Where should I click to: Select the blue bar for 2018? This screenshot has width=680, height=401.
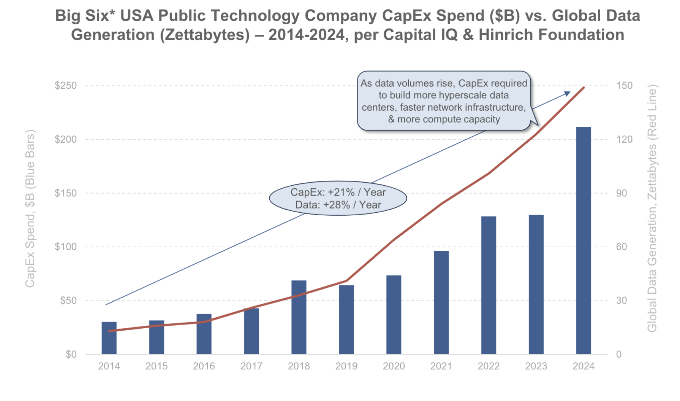coord(299,317)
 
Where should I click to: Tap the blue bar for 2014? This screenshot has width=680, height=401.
coord(109,338)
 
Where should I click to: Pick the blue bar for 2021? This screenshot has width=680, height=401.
coord(441,302)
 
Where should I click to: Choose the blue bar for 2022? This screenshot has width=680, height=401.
coord(489,285)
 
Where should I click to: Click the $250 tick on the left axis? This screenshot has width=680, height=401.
coord(66,86)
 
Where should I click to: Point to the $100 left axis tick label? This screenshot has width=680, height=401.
coord(66,247)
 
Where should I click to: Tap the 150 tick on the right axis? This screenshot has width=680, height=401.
coord(624,86)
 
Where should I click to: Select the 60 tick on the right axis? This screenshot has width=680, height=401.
coord(621,247)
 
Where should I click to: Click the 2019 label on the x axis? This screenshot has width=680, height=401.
coord(346,366)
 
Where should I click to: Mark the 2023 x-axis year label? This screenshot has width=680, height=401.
coord(536,366)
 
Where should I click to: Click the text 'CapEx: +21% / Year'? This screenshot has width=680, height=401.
coord(338,192)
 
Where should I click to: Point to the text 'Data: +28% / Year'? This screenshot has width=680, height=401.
coord(338,205)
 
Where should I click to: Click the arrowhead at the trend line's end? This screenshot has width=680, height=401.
coord(567,94)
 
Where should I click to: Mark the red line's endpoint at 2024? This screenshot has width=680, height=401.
coord(584,88)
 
